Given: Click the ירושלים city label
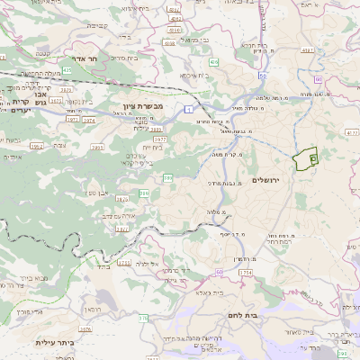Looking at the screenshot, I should (x=268, y=181).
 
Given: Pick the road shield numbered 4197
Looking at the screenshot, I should (x=308, y=51).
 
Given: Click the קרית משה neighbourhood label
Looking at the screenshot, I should (x=236, y=154).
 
